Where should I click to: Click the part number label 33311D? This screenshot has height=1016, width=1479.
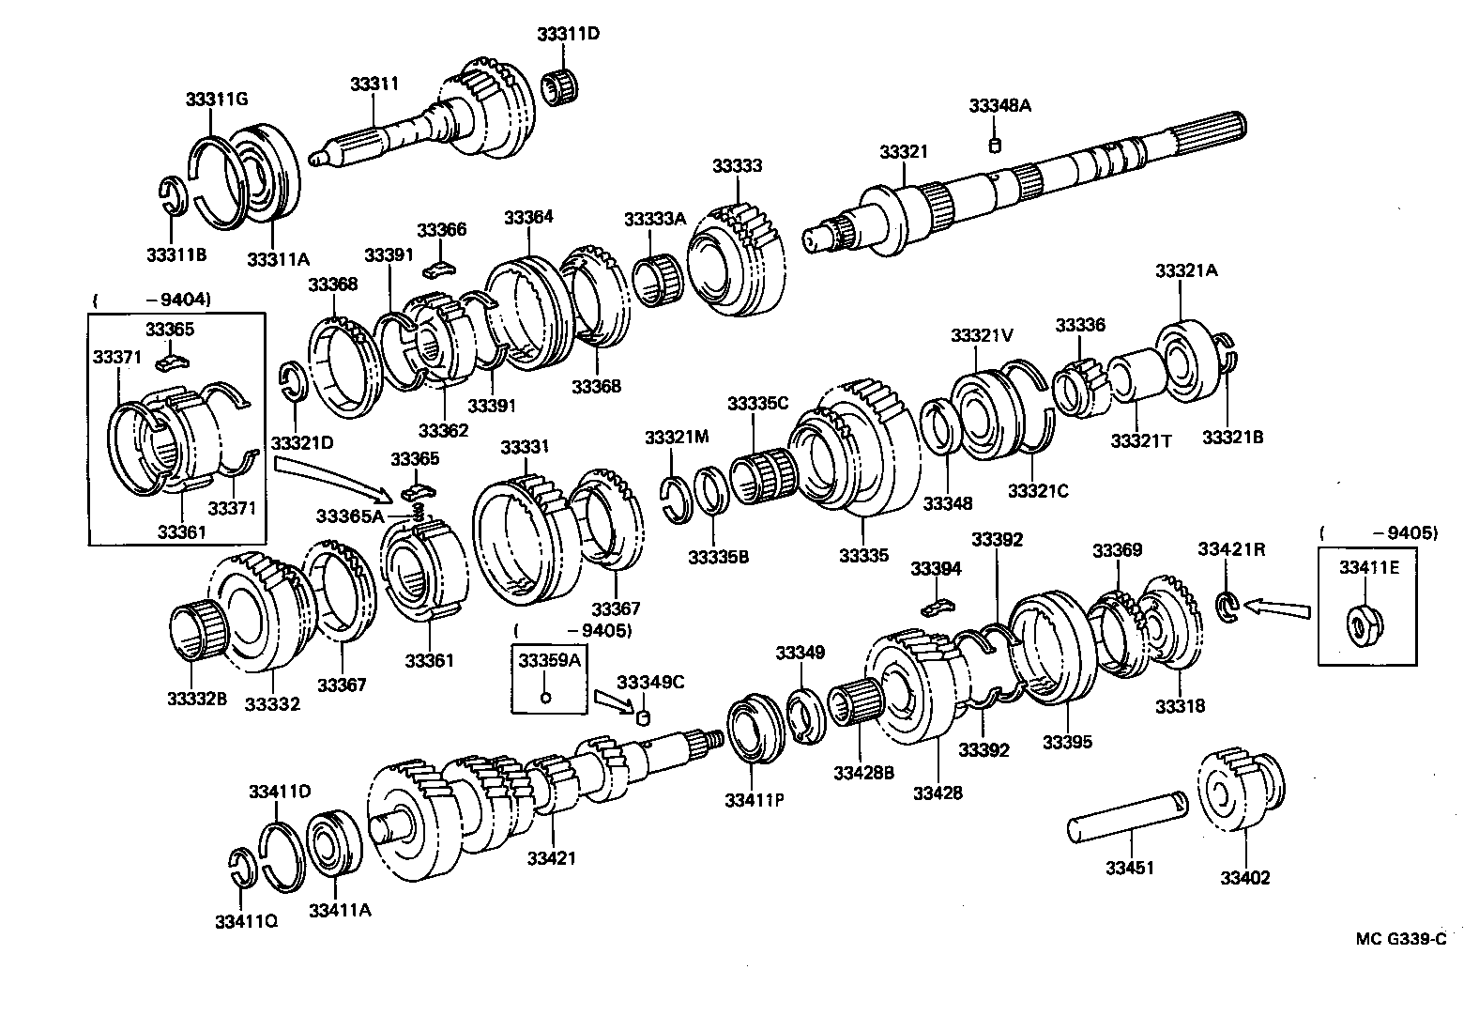point(568,35)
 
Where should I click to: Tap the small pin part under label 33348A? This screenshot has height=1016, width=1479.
point(997,144)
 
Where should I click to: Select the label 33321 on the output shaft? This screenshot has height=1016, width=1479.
point(903,152)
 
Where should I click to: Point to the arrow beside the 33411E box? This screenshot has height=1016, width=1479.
point(1276,608)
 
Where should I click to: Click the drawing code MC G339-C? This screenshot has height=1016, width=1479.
point(1400,938)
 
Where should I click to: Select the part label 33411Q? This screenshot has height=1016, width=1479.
point(245,921)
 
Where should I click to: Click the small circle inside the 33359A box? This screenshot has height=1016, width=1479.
point(547,696)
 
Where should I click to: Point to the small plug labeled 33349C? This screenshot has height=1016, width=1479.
point(644,718)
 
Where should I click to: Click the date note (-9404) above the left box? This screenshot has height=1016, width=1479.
point(151,300)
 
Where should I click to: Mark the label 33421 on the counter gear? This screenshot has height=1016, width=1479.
point(551,857)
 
